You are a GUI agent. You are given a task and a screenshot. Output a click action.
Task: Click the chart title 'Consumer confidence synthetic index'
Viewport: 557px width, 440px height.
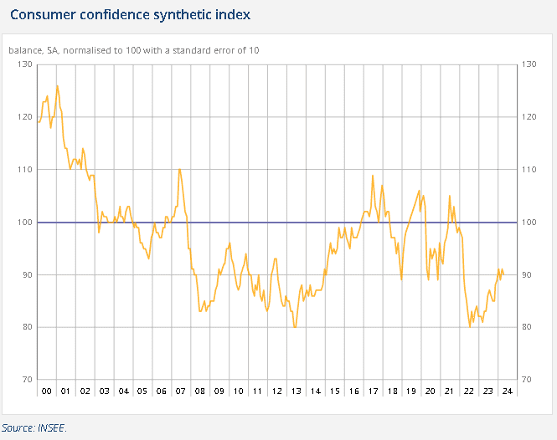tap(130, 15)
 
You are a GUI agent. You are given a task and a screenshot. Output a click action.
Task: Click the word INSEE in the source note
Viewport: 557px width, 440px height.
tap(50, 427)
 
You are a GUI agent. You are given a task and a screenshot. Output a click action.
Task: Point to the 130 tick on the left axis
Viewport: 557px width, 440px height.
tap(23, 64)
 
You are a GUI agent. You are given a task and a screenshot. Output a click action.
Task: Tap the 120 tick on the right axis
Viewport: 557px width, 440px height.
tap(528, 117)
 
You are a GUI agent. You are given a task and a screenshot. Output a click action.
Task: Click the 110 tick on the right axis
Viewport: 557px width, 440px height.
tap(528, 170)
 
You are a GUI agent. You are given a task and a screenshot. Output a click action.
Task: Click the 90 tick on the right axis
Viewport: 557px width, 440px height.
tap(528, 275)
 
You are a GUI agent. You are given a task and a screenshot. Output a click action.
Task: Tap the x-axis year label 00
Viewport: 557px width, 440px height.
tap(47, 391)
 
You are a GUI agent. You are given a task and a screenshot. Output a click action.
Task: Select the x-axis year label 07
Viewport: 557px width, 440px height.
tap(181, 391)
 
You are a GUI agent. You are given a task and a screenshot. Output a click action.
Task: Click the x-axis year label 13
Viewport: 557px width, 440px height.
tap(296, 391)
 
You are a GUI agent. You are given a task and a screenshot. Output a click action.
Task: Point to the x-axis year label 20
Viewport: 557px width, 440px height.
tap(430, 391)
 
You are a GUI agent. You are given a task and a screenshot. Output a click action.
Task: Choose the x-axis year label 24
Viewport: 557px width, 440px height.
tap(506, 391)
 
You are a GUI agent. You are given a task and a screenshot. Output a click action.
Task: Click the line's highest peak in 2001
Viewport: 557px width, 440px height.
tap(57, 85)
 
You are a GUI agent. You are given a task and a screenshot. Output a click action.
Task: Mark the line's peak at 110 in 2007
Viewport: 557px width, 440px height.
tap(179, 170)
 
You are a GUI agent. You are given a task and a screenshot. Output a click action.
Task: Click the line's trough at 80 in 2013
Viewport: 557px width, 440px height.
tap(295, 327)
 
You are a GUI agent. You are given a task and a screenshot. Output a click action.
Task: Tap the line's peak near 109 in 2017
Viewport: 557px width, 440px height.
tap(373, 175)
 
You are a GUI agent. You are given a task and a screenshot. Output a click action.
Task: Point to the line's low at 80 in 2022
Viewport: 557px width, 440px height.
tap(470, 327)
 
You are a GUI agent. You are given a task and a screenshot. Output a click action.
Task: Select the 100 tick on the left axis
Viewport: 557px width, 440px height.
tap(23, 223)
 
